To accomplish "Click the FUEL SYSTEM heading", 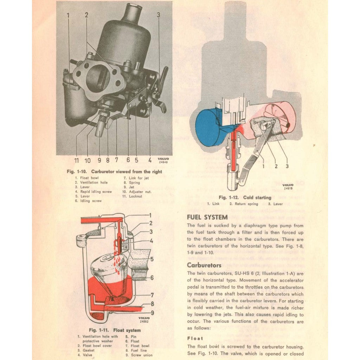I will pyautogui.click(x=207, y=217).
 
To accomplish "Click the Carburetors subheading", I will pyautogui.click(x=204, y=265).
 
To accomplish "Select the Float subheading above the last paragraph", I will pyautogui.click(x=195, y=338).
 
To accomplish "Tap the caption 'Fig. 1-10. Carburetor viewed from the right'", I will pyautogui.click(x=114, y=172).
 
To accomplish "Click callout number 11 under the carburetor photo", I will pyautogui.click(x=76, y=160).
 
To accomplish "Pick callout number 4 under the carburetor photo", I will pyautogui.click(x=150, y=160).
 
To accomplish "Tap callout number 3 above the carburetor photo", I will pyautogui.click(x=159, y=15).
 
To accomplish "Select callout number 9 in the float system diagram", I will pyautogui.click(x=152, y=312).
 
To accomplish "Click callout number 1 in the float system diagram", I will pyautogui.click(x=150, y=215).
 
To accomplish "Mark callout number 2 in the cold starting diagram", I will pyautogui.click(x=276, y=166).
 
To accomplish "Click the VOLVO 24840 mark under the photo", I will pyautogui.click(x=163, y=160).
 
